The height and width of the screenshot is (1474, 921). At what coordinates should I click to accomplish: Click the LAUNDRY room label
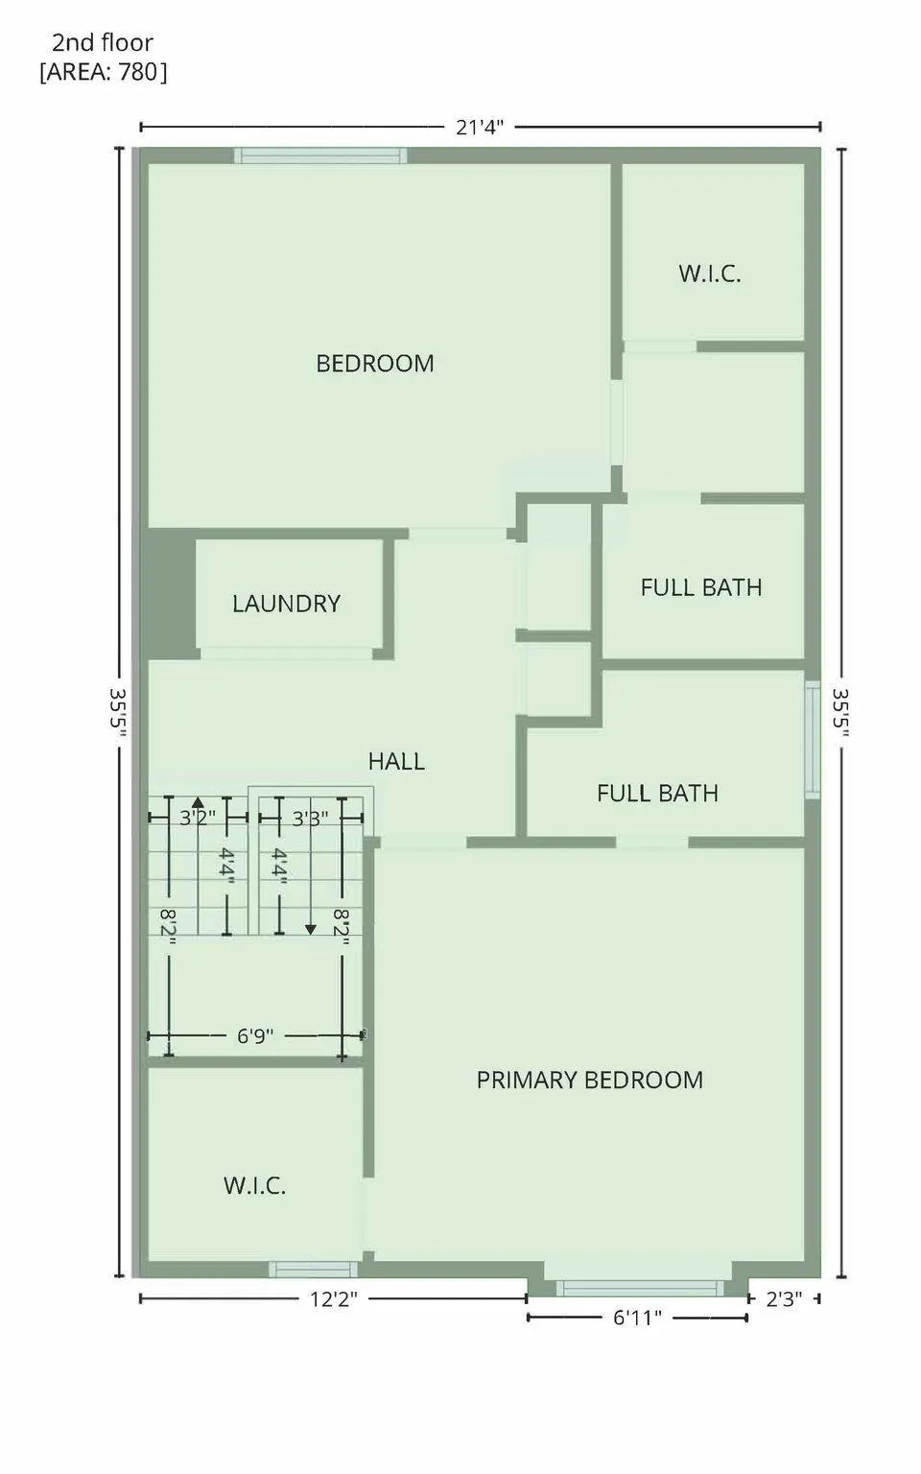point(286,604)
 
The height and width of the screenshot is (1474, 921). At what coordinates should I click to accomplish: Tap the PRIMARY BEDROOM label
point(589,1080)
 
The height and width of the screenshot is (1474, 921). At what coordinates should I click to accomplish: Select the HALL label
point(396,761)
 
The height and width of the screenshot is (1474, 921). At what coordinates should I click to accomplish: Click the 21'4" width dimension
point(481,127)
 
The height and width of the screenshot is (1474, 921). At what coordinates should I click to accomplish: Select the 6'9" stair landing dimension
point(255,1035)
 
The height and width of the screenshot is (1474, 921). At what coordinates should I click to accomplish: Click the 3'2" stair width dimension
point(198,818)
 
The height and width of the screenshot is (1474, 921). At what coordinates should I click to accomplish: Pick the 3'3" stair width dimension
point(310,818)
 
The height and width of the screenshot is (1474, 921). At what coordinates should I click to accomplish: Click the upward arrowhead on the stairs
point(198,801)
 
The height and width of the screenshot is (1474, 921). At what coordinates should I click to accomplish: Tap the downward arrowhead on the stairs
point(311,930)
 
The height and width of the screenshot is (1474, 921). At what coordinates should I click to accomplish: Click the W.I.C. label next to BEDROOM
point(710,273)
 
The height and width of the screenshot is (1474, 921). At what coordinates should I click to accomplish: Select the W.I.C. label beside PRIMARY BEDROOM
point(254,1185)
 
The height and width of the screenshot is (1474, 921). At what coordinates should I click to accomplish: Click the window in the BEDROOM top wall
point(320,155)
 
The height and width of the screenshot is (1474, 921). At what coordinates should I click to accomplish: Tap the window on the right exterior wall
point(814,740)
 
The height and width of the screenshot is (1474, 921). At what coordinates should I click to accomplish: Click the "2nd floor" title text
point(103,43)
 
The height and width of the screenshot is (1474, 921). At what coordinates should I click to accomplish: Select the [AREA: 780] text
point(104,72)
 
